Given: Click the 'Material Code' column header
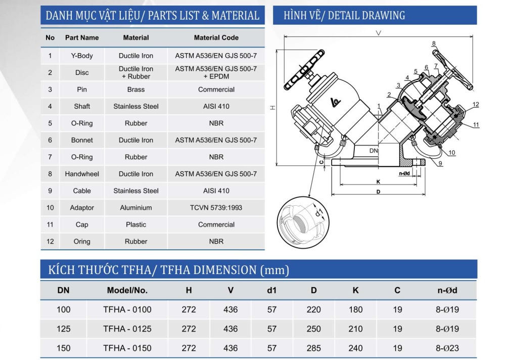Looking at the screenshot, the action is (216, 37).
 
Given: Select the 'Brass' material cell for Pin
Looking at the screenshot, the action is (136, 89).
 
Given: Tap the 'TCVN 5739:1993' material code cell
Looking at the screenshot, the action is (216, 208).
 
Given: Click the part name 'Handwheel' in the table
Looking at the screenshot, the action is (82, 174).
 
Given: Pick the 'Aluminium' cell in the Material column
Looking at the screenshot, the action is (136, 208).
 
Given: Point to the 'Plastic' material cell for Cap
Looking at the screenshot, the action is (136, 224).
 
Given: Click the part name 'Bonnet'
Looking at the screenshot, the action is (82, 140).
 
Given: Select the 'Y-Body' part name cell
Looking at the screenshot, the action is (82, 56).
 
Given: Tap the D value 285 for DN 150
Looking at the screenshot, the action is (313, 348).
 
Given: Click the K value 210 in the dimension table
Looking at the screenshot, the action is (355, 329).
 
